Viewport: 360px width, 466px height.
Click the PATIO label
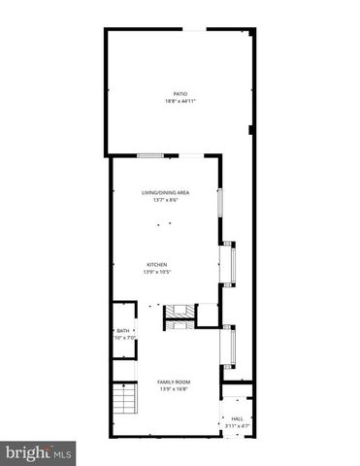coord(180,94)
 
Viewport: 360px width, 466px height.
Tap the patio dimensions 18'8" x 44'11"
coord(180,101)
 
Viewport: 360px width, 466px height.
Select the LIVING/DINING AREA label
coord(165,193)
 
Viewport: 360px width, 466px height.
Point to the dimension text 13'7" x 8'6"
coord(165,200)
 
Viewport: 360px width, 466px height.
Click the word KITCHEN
coord(157,264)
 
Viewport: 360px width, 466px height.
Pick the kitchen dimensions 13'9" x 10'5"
coord(157,271)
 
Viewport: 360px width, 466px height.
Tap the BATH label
coord(122,331)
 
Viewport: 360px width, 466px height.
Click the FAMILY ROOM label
coord(175,383)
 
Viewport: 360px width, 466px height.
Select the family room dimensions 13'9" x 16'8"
coord(175,389)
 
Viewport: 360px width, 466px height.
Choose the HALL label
coord(238,418)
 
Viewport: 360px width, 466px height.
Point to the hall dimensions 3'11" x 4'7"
coord(238,425)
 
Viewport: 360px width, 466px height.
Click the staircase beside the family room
coord(122,399)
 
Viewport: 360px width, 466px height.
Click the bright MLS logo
coord(39,452)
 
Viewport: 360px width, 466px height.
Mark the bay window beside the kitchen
coord(231,264)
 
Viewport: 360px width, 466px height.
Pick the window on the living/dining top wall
coord(148,156)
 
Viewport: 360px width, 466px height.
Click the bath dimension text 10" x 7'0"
coord(123,338)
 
